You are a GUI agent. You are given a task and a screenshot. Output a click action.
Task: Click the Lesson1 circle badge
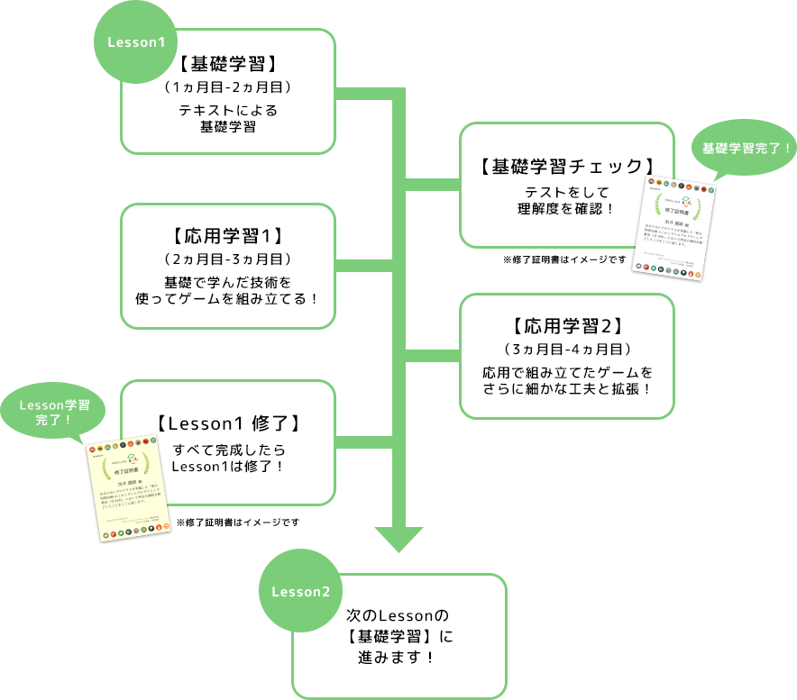136,42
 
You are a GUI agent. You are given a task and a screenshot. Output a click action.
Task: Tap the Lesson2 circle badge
301,592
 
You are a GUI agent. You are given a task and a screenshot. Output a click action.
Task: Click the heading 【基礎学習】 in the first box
227,64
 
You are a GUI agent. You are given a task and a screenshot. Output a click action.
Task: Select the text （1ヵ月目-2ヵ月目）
227,87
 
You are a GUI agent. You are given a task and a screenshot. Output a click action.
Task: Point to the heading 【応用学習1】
227,237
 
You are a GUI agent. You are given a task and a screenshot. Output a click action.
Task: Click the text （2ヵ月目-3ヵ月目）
227,259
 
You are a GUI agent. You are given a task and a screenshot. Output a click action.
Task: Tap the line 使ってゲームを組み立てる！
227,297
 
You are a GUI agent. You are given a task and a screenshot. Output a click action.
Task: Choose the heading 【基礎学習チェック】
566,167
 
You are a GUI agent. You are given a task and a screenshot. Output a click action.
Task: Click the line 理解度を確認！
566,208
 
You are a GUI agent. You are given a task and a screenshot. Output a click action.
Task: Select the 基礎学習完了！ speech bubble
745,148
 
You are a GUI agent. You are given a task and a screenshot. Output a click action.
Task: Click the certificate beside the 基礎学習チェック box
675,231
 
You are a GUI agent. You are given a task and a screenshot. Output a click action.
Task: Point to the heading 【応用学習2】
567,326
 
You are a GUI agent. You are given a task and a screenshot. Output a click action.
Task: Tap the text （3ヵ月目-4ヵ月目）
567,349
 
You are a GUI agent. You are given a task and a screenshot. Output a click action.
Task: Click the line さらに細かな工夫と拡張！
567,387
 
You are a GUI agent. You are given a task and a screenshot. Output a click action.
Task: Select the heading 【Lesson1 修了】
227,423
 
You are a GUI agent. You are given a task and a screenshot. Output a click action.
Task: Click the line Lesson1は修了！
227,465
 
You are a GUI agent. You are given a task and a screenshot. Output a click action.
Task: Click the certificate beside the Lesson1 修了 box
129,491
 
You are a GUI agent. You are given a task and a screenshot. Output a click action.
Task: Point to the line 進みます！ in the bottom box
398,656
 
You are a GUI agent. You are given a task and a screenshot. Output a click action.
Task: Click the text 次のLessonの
398,616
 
